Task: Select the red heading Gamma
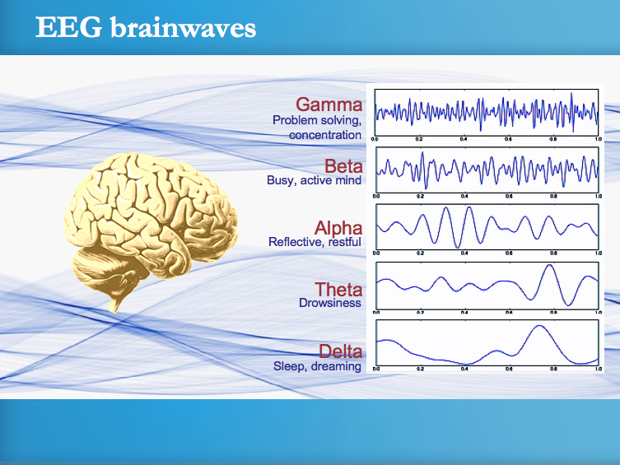pos(329,105)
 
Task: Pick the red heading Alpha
pos(338,227)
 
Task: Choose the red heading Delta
pos(340,352)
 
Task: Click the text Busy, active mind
pos(315,180)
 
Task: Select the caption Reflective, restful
pos(315,242)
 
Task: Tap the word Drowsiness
pos(330,303)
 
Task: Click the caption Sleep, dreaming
pos(317,366)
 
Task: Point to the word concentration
pos(325,134)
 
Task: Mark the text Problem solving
pos(315,120)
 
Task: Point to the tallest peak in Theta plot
pos(549,266)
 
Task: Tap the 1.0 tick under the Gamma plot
pos(598,141)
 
